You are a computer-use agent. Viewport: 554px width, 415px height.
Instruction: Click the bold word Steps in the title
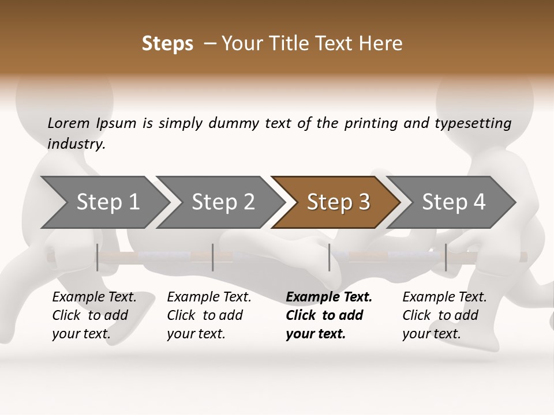click(x=167, y=44)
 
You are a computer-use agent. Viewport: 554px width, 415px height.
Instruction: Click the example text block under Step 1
click(x=94, y=315)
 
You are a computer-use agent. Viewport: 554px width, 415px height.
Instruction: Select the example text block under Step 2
click(x=209, y=315)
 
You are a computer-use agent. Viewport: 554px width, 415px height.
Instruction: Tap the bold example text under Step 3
click(x=328, y=315)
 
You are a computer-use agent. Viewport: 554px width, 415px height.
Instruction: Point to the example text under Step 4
click(x=444, y=315)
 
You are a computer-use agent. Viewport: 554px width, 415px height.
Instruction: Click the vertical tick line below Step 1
click(x=98, y=257)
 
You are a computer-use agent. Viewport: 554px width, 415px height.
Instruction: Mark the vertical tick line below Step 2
click(x=213, y=257)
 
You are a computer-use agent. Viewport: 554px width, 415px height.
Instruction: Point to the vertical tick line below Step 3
click(x=330, y=257)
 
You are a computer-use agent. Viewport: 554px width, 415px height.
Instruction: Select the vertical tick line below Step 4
click(x=446, y=257)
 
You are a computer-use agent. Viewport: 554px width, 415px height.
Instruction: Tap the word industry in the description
click(x=76, y=144)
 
